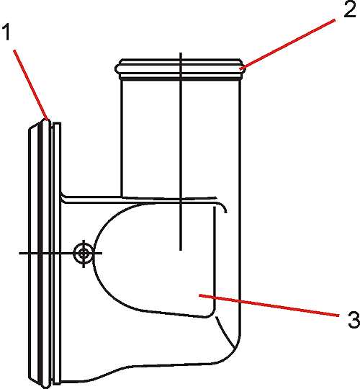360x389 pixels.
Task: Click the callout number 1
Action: (x=6, y=32)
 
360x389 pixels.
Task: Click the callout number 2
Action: (x=350, y=9)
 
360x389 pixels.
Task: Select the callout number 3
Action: (x=354, y=320)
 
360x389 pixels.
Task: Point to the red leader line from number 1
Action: (x=31, y=85)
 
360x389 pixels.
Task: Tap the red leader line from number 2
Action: (x=287, y=44)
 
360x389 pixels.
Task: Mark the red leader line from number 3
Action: (x=269, y=305)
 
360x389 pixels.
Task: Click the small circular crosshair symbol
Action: (x=84, y=254)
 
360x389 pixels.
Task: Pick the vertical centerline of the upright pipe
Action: (x=181, y=151)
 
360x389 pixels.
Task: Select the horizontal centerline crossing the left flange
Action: (x=60, y=254)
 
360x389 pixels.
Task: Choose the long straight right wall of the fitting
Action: (x=240, y=207)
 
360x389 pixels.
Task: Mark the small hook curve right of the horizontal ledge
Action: (x=222, y=207)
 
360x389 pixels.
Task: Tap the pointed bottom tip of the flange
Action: (x=45, y=387)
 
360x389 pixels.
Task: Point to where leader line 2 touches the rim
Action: (x=240, y=69)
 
